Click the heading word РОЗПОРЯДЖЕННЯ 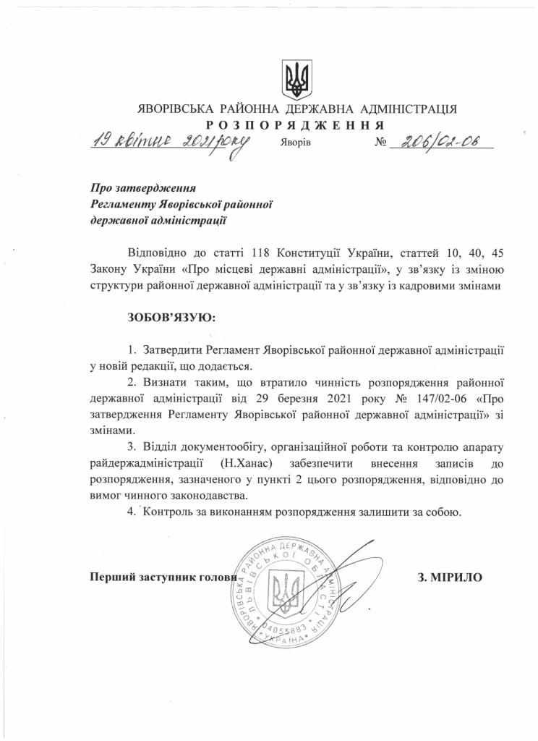[296, 124]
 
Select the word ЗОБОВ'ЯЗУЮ [171, 318]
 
